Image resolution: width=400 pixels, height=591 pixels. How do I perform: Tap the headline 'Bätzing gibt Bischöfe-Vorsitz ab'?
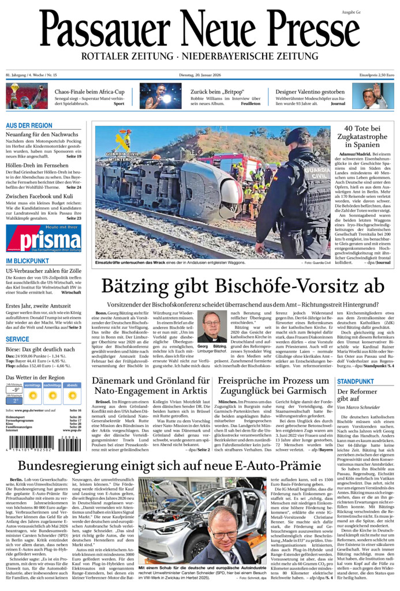point(243,287)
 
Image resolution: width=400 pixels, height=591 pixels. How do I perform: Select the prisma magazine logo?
point(43,238)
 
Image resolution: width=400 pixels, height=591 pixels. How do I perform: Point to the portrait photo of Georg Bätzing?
point(212,326)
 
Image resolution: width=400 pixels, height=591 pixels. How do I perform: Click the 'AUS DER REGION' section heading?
point(29,125)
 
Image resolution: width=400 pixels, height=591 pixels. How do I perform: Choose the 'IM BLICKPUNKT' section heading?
point(27,261)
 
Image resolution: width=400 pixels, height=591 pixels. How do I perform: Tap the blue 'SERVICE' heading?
point(17,339)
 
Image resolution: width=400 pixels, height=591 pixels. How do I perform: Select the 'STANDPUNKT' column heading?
point(355,382)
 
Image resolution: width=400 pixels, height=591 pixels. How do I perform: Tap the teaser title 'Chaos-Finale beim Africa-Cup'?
point(89,92)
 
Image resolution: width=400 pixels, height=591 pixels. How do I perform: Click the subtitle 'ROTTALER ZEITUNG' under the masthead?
point(126,56)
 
